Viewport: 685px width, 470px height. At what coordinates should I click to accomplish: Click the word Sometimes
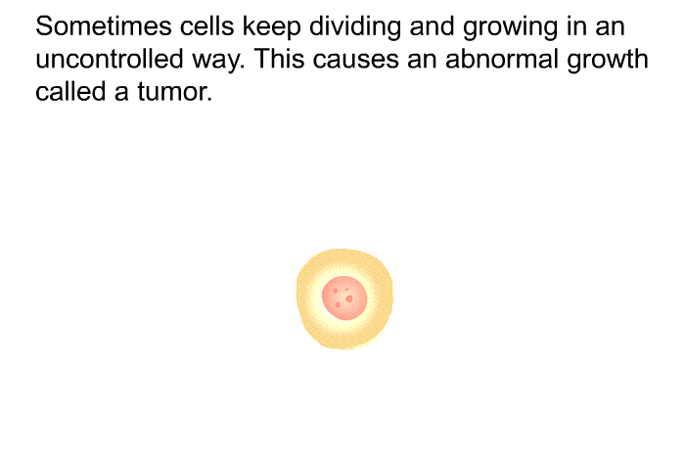(x=104, y=26)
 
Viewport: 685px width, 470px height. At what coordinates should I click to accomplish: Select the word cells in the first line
(x=207, y=26)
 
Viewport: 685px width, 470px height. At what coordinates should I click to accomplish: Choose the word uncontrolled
(x=110, y=59)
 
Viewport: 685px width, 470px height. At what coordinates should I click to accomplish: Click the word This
(x=279, y=59)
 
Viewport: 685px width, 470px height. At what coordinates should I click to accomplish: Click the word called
(x=70, y=91)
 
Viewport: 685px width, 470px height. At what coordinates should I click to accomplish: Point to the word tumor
(x=175, y=91)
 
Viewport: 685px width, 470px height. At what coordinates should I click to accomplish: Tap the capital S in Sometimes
(x=45, y=26)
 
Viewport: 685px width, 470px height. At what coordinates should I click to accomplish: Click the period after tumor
(x=209, y=100)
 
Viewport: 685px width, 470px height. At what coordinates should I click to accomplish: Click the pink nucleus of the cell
(x=344, y=299)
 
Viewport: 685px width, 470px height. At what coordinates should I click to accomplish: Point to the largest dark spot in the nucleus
(x=348, y=299)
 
